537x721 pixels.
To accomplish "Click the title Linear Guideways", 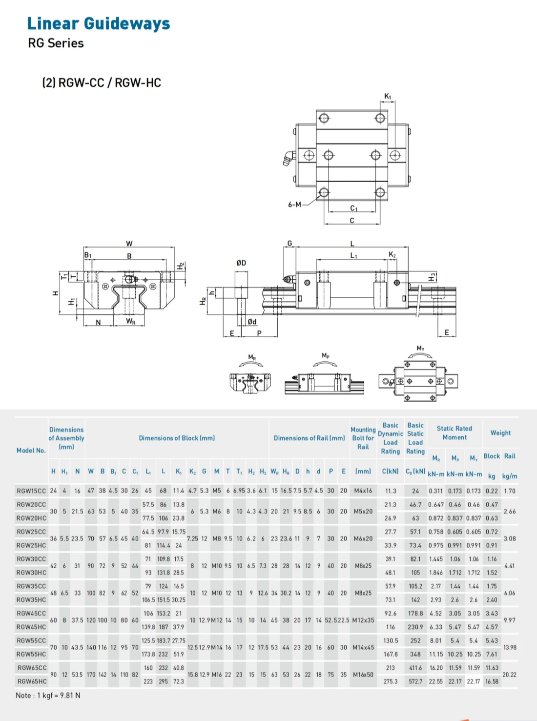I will pos(98,23).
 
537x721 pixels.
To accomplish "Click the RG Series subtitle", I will pos(56,43).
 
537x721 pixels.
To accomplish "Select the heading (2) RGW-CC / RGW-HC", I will pos(102,83).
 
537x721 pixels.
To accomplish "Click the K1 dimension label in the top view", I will pos(388,96).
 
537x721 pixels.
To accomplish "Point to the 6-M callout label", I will pos(294,205).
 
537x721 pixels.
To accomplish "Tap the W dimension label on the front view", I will pos(129,244).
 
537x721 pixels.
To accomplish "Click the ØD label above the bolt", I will pos(241,263).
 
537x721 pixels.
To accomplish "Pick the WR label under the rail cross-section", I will pos(130,321).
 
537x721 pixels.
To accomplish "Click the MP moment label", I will pos(326,355).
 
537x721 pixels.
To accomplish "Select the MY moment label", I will pos(420,348).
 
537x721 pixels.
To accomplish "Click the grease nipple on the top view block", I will pos(288,158).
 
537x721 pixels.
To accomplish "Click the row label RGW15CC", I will pos(31,491).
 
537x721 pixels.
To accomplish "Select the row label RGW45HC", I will pos(31,627).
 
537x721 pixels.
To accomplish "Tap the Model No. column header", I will pos(31,451).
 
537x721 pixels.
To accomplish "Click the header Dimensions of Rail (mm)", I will pos(309,438).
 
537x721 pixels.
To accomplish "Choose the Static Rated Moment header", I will pos(454,433).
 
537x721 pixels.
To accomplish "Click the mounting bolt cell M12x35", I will pos(363,620).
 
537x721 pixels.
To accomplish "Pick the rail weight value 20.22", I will pos(509,675).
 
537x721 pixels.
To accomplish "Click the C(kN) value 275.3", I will pos(391,681).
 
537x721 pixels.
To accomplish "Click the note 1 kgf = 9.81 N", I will pos(48,696).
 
